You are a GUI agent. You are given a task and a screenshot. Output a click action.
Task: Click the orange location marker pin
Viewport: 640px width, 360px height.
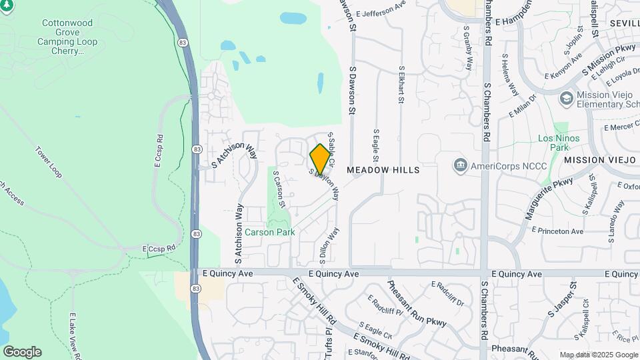[x=320, y=159]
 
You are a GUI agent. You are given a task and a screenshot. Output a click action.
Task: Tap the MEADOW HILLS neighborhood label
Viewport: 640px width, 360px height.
[x=383, y=170]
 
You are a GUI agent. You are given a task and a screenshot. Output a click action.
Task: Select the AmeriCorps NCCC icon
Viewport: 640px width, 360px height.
[x=460, y=165]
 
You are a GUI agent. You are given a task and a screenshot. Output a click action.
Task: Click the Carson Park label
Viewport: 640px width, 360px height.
[x=269, y=232]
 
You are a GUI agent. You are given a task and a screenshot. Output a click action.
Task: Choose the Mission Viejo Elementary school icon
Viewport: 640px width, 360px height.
[x=567, y=98]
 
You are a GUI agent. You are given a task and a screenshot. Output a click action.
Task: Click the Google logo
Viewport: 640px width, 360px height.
[x=22, y=352]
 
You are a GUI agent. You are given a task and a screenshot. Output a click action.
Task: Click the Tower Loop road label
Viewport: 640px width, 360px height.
[x=48, y=162]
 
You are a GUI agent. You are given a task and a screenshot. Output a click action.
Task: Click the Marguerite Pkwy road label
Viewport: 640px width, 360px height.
[x=549, y=199]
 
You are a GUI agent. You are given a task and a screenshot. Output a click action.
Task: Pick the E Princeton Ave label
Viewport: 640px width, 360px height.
[x=557, y=231]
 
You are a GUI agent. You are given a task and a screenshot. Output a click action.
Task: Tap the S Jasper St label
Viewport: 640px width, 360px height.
[x=562, y=298]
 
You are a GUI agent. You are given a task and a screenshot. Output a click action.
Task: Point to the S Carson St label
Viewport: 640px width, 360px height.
[x=279, y=191]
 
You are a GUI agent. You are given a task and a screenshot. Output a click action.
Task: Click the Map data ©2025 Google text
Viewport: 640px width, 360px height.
[x=598, y=355]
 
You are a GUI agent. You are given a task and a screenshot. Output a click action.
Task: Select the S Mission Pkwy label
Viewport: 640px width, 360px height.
[x=609, y=59]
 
